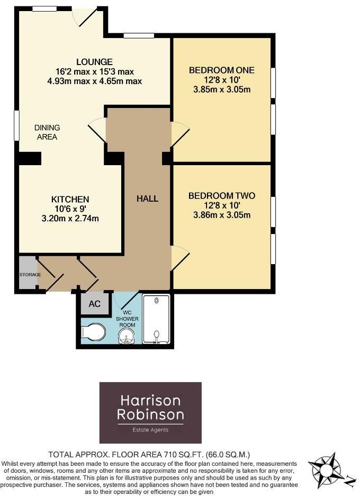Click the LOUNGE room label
94,62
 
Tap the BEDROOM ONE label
222,70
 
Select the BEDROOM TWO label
222,196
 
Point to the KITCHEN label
70,199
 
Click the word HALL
147,199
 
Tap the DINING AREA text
47,132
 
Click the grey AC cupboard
94,304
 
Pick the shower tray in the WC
156,319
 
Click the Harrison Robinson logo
150,412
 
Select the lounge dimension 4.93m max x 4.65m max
94,81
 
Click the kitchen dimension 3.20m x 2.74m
70,218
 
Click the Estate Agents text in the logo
150,430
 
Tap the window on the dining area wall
16,126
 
